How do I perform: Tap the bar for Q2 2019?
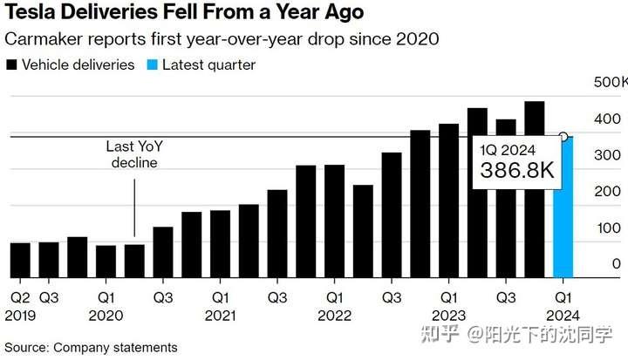(20, 259)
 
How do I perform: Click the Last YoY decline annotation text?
(133, 154)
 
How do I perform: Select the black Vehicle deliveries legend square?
(11, 65)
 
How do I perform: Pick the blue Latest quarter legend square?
(154, 65)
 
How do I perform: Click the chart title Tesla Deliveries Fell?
(184, 15)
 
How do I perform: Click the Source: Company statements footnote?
(91, 347)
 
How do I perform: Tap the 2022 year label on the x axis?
(334, 315)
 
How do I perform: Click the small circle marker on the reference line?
(563, 136)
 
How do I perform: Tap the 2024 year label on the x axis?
(563, 315)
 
